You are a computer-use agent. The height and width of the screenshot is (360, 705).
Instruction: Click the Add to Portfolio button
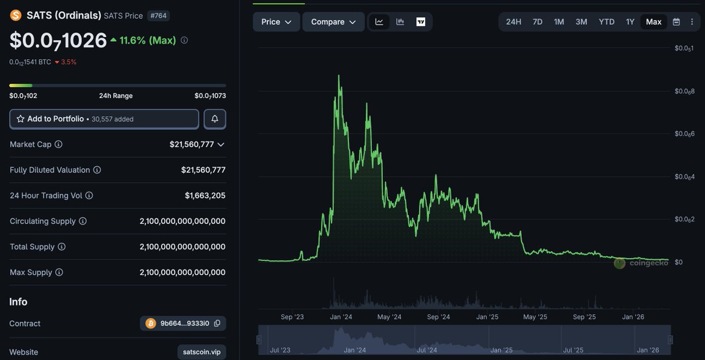(x=104, y=119)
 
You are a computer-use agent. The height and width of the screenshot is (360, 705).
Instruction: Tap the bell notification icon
(x=214, y=119)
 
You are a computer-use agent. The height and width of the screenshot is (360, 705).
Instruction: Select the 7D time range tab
(x=537, y=22)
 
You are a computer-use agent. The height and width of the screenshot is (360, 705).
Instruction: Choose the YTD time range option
(x=606, y=22)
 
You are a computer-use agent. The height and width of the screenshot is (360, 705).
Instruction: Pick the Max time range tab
(x=653, y=22)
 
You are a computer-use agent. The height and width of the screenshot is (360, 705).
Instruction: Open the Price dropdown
(x=276, y=22)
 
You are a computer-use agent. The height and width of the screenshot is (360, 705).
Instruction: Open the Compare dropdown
(x=333, y=22)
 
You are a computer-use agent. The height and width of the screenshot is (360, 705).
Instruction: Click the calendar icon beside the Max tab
(x=676, y=22)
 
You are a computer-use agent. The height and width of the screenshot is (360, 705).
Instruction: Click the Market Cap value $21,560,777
(x=192, y=144)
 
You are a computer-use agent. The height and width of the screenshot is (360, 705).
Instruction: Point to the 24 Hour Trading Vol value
(x=205, y=196)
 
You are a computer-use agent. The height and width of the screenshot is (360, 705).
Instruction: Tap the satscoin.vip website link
(x=202, y=352)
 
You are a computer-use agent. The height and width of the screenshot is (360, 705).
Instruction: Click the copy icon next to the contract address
(x=217, y=324)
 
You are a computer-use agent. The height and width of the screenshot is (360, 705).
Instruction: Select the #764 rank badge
(x=159, y=15)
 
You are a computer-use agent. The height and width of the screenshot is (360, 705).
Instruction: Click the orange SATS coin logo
(x=15, y=15)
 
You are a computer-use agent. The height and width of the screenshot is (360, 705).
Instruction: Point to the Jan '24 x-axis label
(x=341, y=317)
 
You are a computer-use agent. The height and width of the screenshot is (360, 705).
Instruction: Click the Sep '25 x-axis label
(x=584, y=317)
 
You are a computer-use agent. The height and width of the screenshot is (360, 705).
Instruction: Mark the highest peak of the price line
(x=339, y=76)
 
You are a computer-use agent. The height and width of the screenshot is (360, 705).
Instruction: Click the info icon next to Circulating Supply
(x=83, y=221)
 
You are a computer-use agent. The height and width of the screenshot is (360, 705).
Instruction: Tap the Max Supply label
(x=31, y=272)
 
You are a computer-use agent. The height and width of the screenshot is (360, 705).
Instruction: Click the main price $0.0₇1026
(x=58, y=41)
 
